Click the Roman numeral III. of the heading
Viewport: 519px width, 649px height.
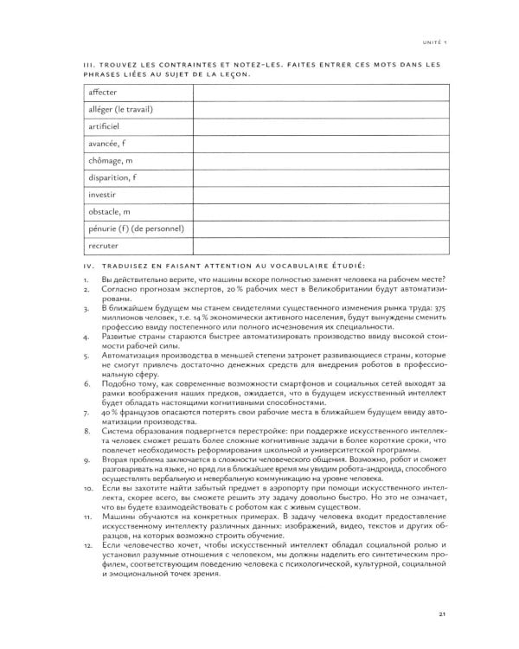point(88,64)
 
